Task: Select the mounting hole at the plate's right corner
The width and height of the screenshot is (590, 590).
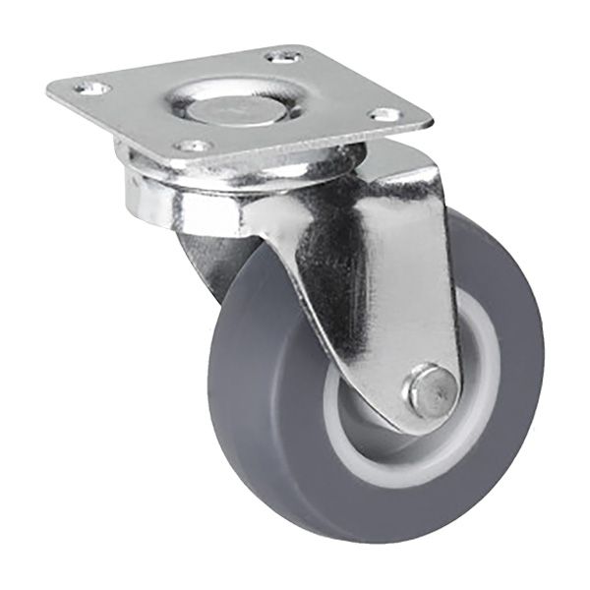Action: [384, 114]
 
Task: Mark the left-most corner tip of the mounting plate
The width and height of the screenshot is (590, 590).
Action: [49, 90]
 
